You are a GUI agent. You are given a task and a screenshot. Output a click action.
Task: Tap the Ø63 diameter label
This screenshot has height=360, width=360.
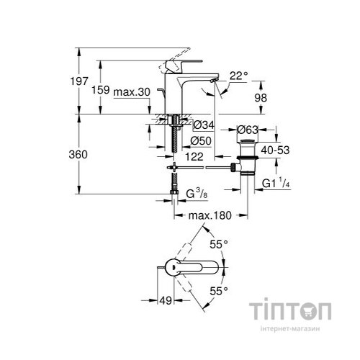[248, 130]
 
